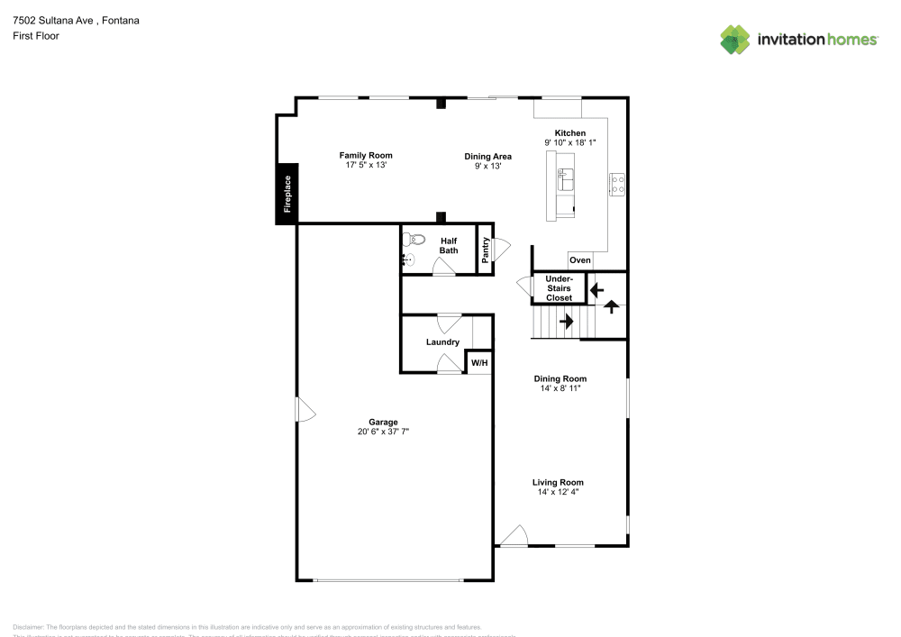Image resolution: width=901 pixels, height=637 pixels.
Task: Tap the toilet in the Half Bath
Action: (413, 240)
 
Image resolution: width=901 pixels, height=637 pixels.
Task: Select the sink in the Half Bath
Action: (407, 260)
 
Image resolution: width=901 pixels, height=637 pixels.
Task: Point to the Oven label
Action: (580, 260)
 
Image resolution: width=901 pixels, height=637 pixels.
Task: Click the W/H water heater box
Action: (478, 362)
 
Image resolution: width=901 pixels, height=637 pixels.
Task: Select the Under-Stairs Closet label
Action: (559, 288)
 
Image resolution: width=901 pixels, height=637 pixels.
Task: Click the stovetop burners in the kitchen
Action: (618, 184)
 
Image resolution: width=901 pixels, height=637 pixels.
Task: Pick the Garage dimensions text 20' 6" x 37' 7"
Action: (383, 432)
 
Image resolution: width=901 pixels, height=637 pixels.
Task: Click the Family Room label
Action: (366, 156)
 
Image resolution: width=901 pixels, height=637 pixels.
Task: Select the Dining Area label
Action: (487, 156)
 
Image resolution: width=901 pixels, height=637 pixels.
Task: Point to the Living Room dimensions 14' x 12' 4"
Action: (558, 492)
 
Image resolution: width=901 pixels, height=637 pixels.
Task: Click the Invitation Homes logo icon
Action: (735, 39)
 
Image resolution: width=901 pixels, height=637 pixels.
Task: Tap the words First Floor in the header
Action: (36, 36)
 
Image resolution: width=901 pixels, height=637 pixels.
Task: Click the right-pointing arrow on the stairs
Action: (568, 320)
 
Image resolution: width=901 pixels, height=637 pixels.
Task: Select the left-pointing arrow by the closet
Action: (597, 289)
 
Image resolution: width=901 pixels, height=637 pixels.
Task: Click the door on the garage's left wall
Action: (305, 410)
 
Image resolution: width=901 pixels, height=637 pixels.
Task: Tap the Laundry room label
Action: (442, 342)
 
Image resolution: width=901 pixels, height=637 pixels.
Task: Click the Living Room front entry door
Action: (514, 537)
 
